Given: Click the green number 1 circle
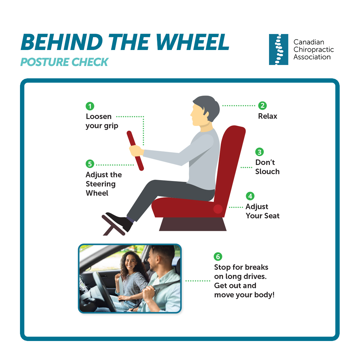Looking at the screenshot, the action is point(90,106).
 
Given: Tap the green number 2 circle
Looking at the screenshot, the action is point(262,106).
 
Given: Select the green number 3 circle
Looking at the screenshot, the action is point(259,152).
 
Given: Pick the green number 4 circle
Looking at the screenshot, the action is point(250,196).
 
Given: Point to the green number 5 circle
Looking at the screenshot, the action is point(90,164).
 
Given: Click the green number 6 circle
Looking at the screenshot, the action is point(218,256).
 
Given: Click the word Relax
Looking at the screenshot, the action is point(267,116).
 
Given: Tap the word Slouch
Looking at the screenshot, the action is point(267,172).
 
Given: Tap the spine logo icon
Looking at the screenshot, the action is point(278,49).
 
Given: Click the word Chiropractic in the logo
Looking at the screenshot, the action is point(314,50).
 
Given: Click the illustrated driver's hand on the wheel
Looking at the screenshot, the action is point(136,151).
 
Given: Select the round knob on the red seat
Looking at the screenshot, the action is point(218,209).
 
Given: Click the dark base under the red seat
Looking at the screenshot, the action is point(193,224).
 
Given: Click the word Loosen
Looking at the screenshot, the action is point(98,116).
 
